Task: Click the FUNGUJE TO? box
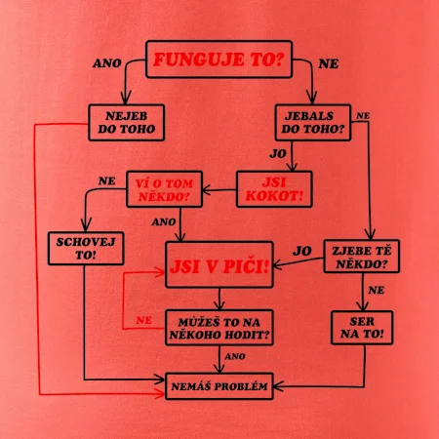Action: (219, 60)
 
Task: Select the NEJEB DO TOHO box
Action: (126, 122)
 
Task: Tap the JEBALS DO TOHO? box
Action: (313, 122)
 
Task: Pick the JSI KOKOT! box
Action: (274, 189)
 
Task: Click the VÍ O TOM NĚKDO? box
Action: (164, 189)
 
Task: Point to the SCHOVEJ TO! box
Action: (86, 248)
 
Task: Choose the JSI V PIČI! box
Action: (219, 264)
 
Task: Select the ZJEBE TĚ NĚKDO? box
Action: (362, 257)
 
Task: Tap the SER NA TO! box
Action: (362, 328)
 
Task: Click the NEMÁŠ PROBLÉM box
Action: (219, 386)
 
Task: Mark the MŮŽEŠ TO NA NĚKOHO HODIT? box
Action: (219, 328)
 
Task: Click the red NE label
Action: (143, 320)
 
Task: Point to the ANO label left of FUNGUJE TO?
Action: (107, 63)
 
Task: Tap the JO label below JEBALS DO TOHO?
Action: (278, 153)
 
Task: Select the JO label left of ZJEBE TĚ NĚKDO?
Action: (302, 251)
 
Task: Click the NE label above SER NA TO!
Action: (377, 290)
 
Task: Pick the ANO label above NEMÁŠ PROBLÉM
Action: (235, 356)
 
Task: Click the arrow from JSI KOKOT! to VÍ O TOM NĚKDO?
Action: (219, 190)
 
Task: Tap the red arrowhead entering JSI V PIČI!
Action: (160, 272)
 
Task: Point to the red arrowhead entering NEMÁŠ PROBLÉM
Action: (160, 394)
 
